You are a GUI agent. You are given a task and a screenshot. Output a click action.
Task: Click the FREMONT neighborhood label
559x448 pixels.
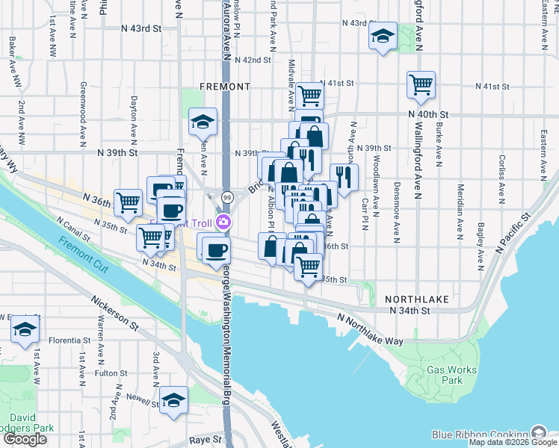(x=225, y=87)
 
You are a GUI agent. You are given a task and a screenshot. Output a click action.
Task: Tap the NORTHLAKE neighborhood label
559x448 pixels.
(x=417, y=299)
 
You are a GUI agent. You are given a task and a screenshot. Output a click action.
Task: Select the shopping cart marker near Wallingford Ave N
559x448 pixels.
(x=421, y=84)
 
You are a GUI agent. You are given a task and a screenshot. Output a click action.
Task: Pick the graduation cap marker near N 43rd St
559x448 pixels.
(x=383, y=36)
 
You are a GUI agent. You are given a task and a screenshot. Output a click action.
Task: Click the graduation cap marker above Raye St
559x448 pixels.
(x=174, y=399)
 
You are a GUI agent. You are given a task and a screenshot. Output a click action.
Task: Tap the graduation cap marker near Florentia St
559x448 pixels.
(x=25, y=329)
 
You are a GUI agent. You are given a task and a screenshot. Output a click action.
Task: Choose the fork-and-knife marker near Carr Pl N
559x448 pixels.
(x=344, y=178)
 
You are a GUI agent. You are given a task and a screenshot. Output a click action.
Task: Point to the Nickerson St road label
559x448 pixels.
(x=115, y=314)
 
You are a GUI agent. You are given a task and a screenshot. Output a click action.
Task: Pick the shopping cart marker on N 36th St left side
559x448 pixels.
(x=129, y=202)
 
